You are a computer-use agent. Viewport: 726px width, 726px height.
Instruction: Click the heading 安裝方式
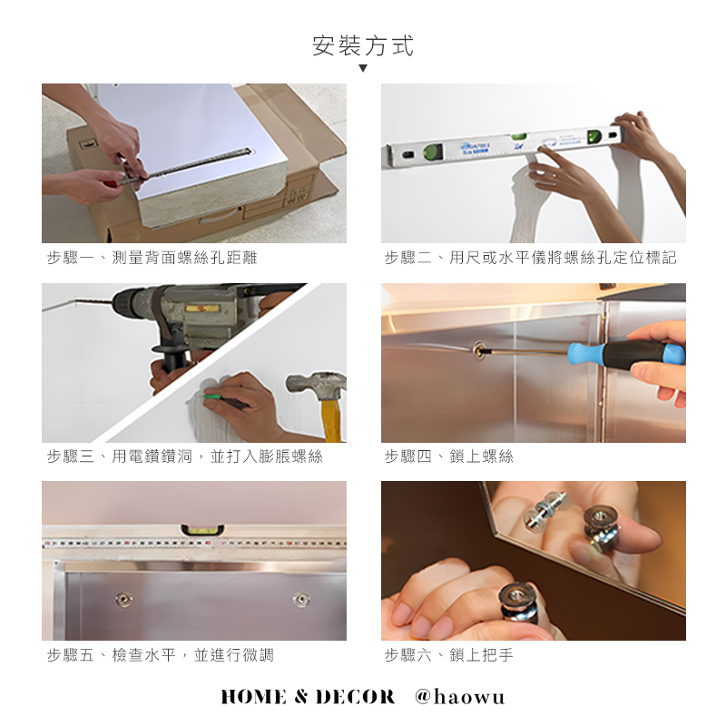tap(363, 46)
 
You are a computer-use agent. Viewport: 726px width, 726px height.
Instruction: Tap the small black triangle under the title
tap(363, 69)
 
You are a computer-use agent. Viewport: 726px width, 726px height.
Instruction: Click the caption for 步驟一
tap(152, 258)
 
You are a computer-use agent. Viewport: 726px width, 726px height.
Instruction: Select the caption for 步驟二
tap(530, 258)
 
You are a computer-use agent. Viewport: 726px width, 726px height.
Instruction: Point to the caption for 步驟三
tap(185, 456)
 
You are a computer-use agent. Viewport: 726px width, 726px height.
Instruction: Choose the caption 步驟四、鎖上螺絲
tap(448, 456)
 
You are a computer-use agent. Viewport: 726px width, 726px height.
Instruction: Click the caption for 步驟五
tap(161, 654)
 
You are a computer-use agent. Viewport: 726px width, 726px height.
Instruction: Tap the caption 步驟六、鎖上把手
tap(448, 654)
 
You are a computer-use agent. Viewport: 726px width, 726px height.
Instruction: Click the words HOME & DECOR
tap(309, 697)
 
